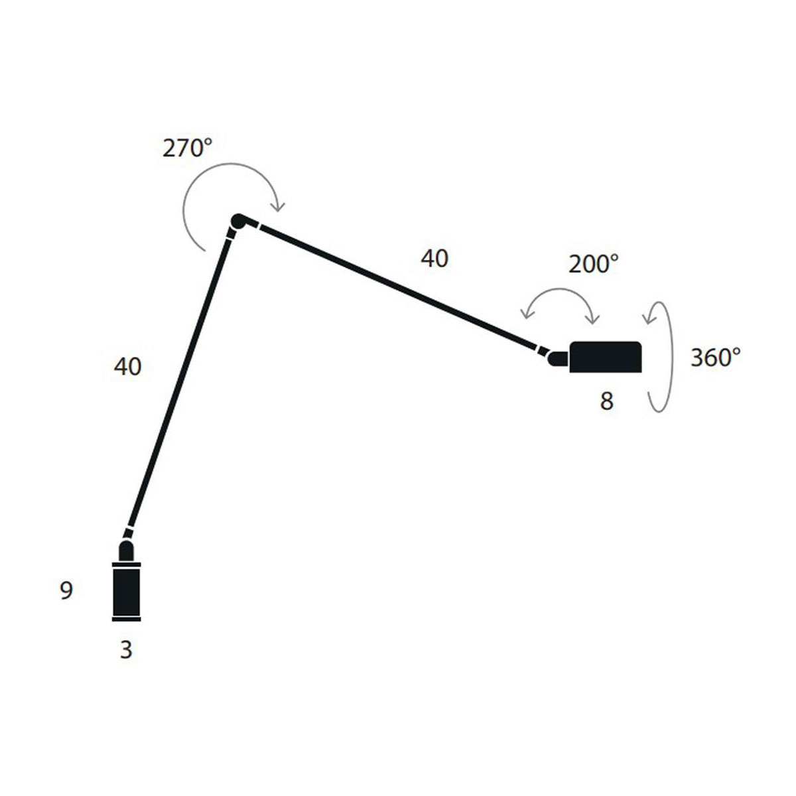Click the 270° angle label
187,148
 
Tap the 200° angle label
593,264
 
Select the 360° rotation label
716,358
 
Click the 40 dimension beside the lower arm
127,366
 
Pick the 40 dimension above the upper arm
434,259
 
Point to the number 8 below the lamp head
606,401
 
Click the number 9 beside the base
66,590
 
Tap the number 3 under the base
126,650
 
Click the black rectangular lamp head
605,357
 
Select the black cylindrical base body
127,592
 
